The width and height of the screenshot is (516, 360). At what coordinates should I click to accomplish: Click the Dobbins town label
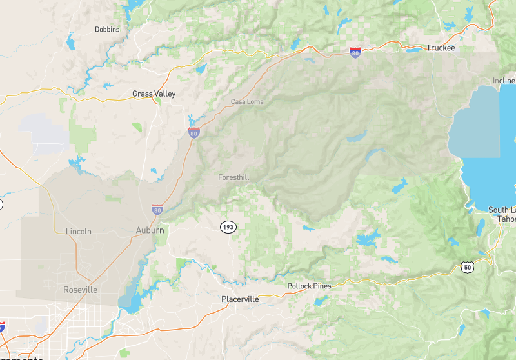point(107,30)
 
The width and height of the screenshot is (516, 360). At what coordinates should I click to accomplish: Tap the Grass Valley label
point(154,94)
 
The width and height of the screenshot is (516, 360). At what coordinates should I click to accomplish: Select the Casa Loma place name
point(247,102)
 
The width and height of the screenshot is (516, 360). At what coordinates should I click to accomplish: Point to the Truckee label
point(441,48)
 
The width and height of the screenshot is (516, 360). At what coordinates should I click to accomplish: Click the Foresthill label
point(233,177)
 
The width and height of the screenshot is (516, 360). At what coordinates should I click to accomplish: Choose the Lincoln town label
point(79,231)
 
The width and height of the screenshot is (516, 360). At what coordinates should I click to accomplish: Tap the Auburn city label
point(150,230)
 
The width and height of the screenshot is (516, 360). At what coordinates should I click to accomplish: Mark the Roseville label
point(80,290)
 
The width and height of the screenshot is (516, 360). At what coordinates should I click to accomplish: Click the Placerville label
point(240,299)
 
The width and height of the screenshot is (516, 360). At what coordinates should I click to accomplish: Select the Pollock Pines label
point(310,286)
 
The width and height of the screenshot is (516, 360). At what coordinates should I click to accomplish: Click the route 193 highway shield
point(227,227)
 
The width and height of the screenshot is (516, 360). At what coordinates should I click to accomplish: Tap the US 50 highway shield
point(468,266)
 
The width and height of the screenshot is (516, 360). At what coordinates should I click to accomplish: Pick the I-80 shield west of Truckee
point(355,53)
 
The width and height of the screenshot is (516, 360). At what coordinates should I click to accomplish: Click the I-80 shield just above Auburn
point(157,210)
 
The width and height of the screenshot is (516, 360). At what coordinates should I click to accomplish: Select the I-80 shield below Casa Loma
point(193,133)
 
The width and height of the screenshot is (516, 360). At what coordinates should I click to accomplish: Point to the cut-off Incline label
point(504,81)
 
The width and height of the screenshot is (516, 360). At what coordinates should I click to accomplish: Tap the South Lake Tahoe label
point(502,214)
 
